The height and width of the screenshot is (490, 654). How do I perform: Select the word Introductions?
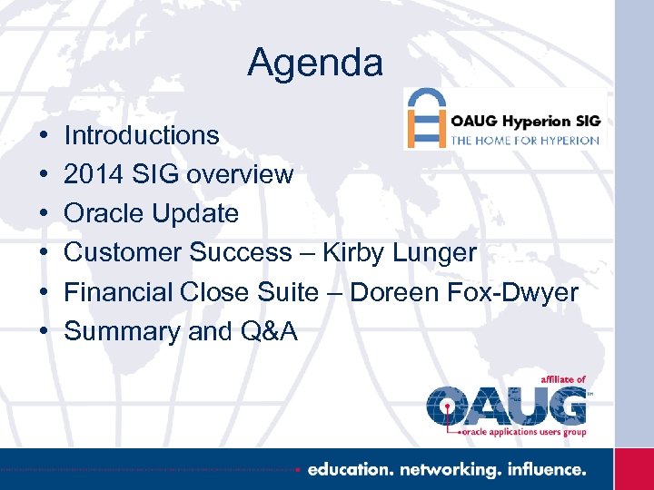(142, 136)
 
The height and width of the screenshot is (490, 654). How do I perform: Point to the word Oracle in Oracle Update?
(107, 214)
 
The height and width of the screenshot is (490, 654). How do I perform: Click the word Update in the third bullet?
(198, 214)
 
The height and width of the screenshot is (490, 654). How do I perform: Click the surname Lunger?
(437, 254)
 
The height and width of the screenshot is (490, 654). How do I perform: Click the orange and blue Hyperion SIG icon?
(425, 118)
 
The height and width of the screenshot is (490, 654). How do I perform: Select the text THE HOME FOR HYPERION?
(525, 140)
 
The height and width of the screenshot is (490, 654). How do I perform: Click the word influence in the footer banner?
(547, 469)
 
